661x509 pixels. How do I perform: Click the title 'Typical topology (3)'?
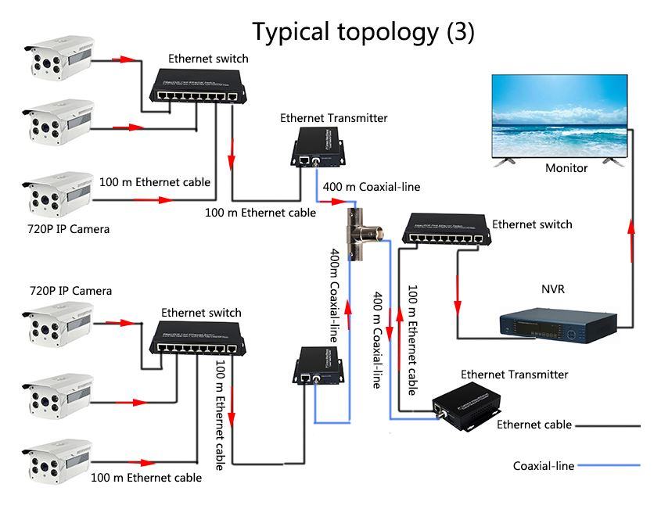[x=362, y=31]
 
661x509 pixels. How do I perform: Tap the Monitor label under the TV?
[x=566, y=168]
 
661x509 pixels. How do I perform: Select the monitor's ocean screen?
[x=559, y=117]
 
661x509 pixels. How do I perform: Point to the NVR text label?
[x=552, y=289]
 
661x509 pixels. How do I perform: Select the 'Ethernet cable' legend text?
[x=533, y=425]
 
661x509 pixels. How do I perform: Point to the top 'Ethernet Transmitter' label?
[x=333, y=118]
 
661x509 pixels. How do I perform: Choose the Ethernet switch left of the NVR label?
[x=445, y=228]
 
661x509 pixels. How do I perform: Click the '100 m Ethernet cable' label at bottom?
[x=145, y=477]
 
